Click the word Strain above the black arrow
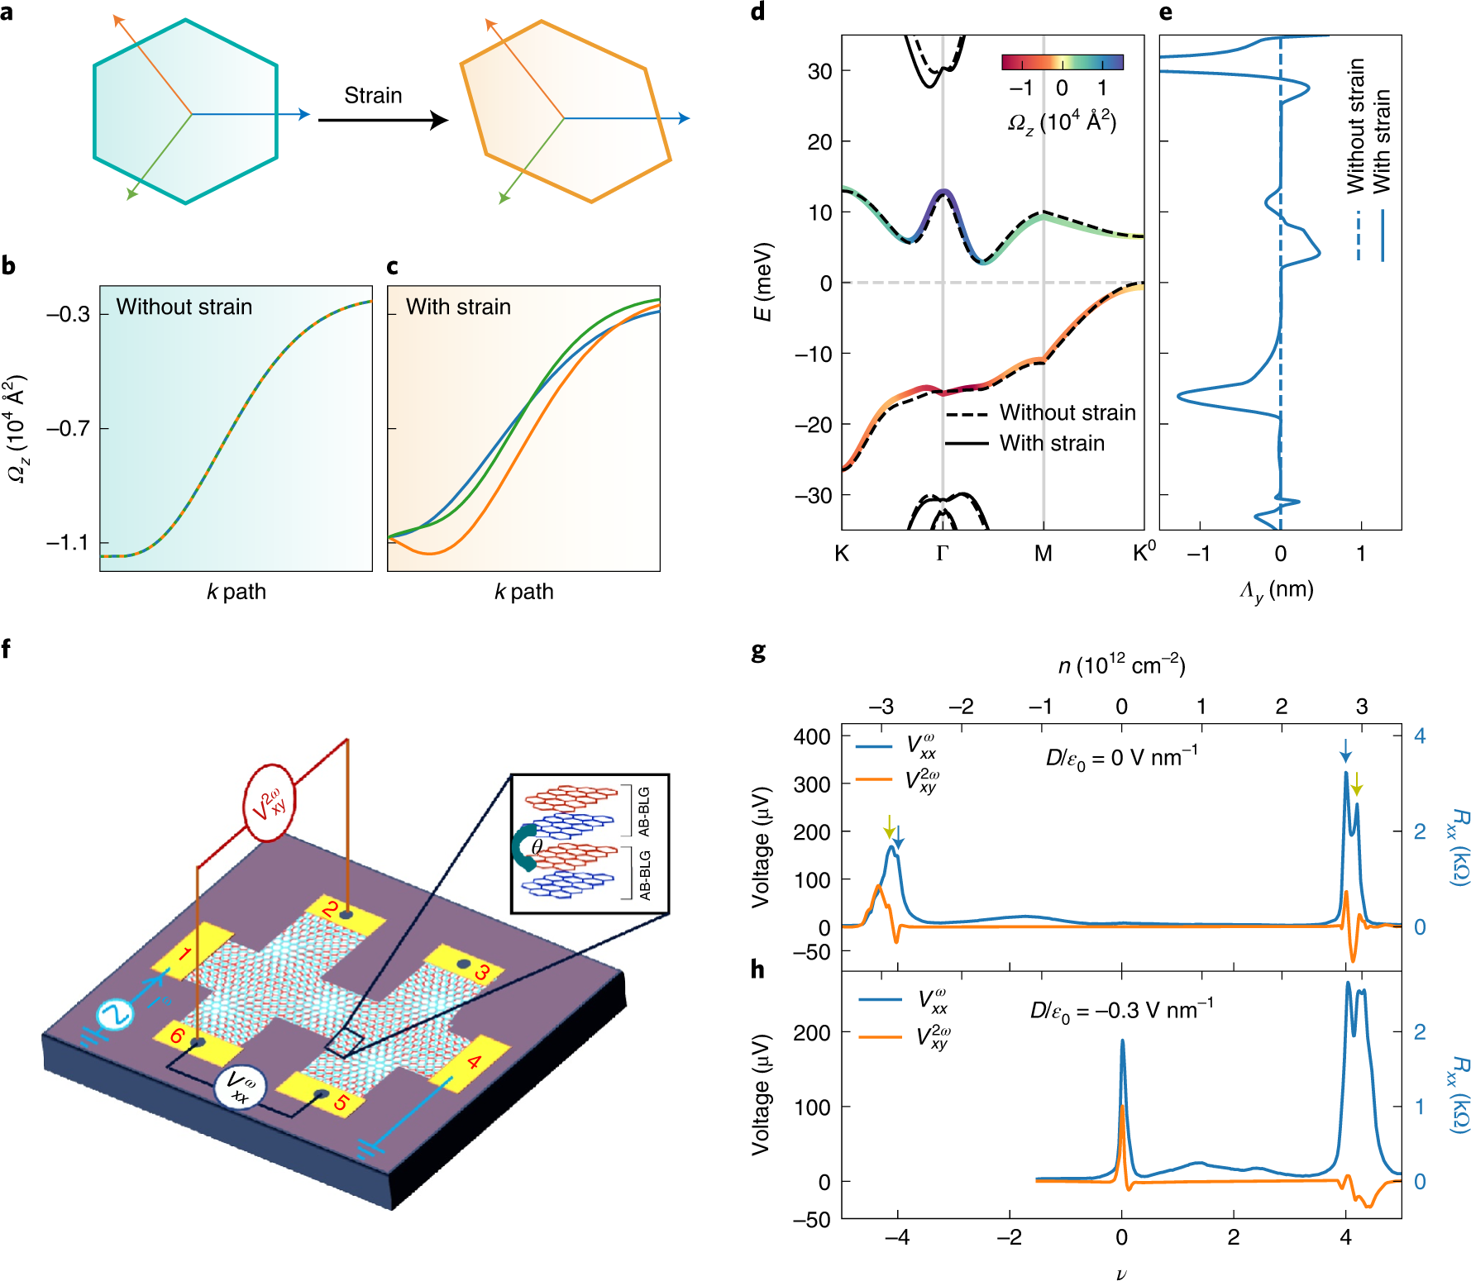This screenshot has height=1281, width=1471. (373, 96)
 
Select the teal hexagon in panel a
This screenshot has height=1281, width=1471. (184, 112)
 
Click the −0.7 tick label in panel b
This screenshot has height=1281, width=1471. (68, 428)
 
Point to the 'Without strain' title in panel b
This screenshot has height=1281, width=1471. (184, 307)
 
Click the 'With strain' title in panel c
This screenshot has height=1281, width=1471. (458, 307)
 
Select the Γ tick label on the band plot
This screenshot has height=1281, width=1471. (942, 553)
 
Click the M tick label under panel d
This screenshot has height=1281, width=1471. (1043, 553)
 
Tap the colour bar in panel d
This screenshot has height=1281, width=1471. (1063, 62)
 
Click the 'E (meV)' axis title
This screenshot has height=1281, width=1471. (762, 282)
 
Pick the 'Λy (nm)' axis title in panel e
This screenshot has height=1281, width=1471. (1277, 590)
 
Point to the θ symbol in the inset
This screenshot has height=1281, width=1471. (537, 846)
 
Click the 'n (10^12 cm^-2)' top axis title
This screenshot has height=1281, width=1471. (1121, 665)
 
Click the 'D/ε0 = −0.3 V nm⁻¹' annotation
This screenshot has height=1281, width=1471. (1121, 1011)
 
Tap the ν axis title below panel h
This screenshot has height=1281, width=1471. (1121, 1274)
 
